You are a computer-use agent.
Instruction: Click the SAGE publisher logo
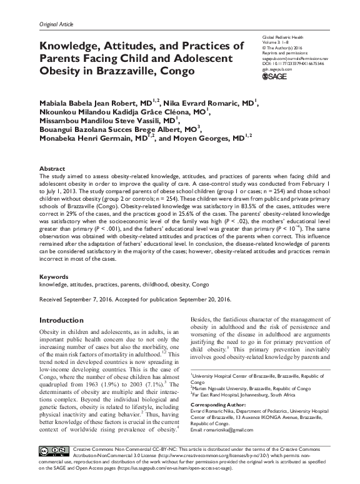[273, 76]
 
